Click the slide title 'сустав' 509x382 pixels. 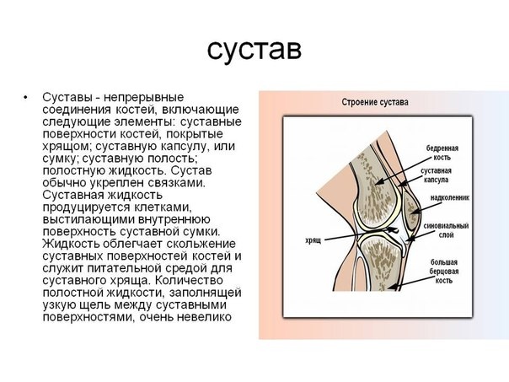(x=254, y=48)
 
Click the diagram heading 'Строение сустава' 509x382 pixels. (x=375, y=103)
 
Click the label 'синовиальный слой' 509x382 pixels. (x=447, y=231)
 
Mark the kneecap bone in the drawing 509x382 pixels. (x=412, y=211)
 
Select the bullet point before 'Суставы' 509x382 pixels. (x=28, y=98)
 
